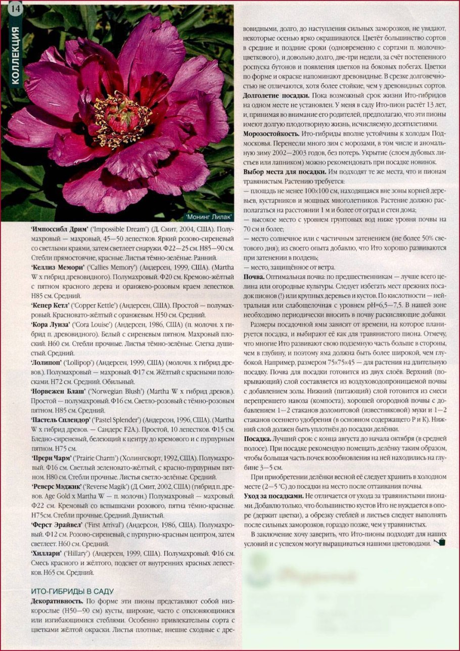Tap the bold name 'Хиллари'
(x=46, y=553)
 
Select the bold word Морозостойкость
(x=270, y=132)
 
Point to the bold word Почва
(x=253, y=277)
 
